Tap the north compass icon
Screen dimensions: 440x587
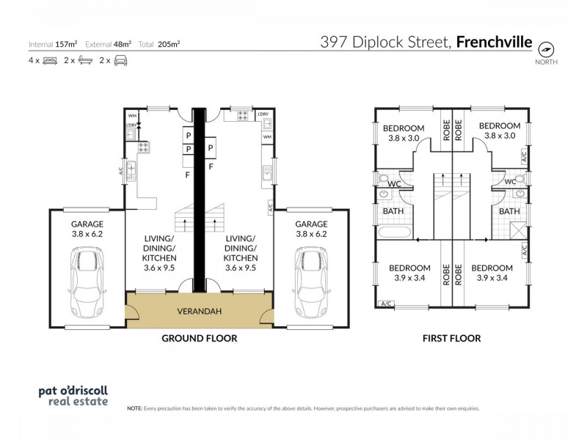[x=546, y=49]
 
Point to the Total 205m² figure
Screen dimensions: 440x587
[x=169, y=44]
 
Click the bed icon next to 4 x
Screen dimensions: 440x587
[x=51, y=62]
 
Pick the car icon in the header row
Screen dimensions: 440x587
[x=121, y=62]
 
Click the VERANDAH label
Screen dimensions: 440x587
[x=198, y=311]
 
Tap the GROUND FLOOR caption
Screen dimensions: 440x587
[x=198, y=339]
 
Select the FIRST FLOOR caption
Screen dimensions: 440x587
[x=451, y=339]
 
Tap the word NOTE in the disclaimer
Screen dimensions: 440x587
[x=134, y=407]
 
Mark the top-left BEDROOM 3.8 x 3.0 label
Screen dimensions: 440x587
[x=404, y=131]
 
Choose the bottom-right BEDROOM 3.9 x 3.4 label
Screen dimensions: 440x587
[x=492, y=273]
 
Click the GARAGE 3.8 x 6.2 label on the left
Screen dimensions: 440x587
[x=87, y=229]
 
